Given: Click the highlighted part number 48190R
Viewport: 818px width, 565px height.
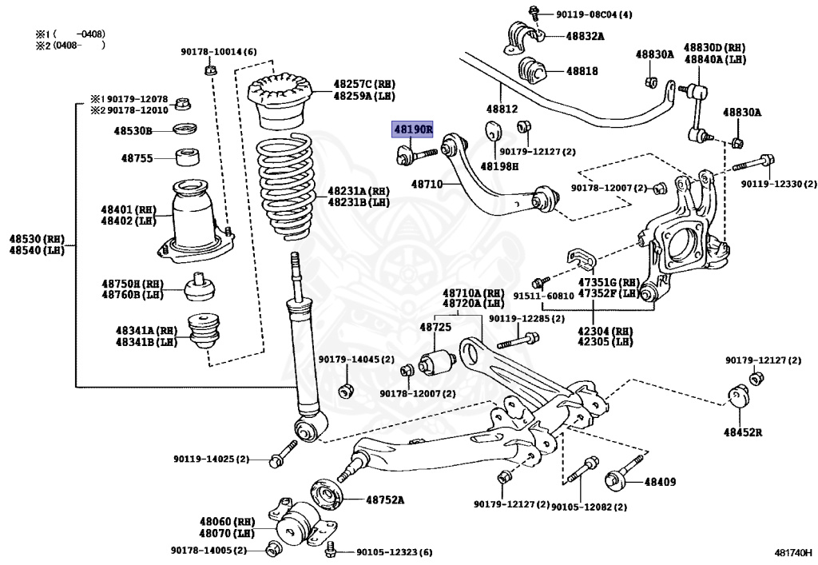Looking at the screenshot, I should click(411, 129).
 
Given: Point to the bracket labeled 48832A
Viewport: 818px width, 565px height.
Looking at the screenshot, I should click(520, 35).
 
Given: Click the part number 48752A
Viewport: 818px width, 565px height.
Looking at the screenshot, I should click(385, 500).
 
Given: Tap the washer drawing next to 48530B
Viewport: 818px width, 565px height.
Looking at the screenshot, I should click(187, 129).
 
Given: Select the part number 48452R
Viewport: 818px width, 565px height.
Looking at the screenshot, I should click(743, 432).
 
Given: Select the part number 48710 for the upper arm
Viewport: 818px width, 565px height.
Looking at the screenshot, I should click(427, 185).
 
